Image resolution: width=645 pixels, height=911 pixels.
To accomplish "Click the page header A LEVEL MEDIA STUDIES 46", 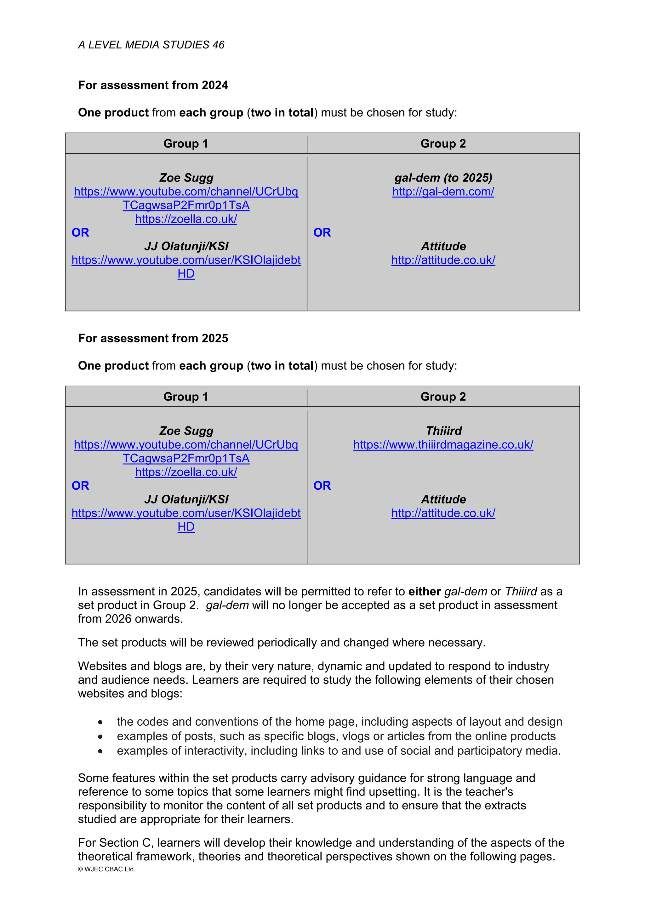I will click(151, 45).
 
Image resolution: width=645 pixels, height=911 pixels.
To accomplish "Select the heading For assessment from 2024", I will click(153, 85).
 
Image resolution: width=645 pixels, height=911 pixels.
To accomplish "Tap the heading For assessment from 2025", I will click(153, 339).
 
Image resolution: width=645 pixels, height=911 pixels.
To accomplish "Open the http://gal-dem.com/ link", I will click(443, 192).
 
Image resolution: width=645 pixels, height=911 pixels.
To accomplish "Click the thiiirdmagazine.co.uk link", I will click(443, 445).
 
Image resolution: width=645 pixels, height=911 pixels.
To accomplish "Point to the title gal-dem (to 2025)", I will click(443, 178).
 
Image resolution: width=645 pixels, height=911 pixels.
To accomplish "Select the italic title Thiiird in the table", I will click(444, 431).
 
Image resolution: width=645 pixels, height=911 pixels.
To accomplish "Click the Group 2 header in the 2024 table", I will click(443, 143).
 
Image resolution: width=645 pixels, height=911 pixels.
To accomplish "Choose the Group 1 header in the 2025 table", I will click(186, 397).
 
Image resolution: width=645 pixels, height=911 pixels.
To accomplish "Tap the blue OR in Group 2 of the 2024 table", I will click(322, 233).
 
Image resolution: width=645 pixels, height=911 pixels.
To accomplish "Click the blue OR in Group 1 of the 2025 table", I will click(80, 486).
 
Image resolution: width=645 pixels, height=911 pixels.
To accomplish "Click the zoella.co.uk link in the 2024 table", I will click(186, 219).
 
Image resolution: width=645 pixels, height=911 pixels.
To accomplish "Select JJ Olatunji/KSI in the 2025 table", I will click(186, 499).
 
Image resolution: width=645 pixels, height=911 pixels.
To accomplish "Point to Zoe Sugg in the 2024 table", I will click(186, 178).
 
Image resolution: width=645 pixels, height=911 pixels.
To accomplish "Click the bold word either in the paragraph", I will click(425, 592).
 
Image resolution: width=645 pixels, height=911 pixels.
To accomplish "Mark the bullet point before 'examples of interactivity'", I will click(100, 751).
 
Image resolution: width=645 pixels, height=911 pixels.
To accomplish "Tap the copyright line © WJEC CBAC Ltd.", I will click(106, 869).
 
